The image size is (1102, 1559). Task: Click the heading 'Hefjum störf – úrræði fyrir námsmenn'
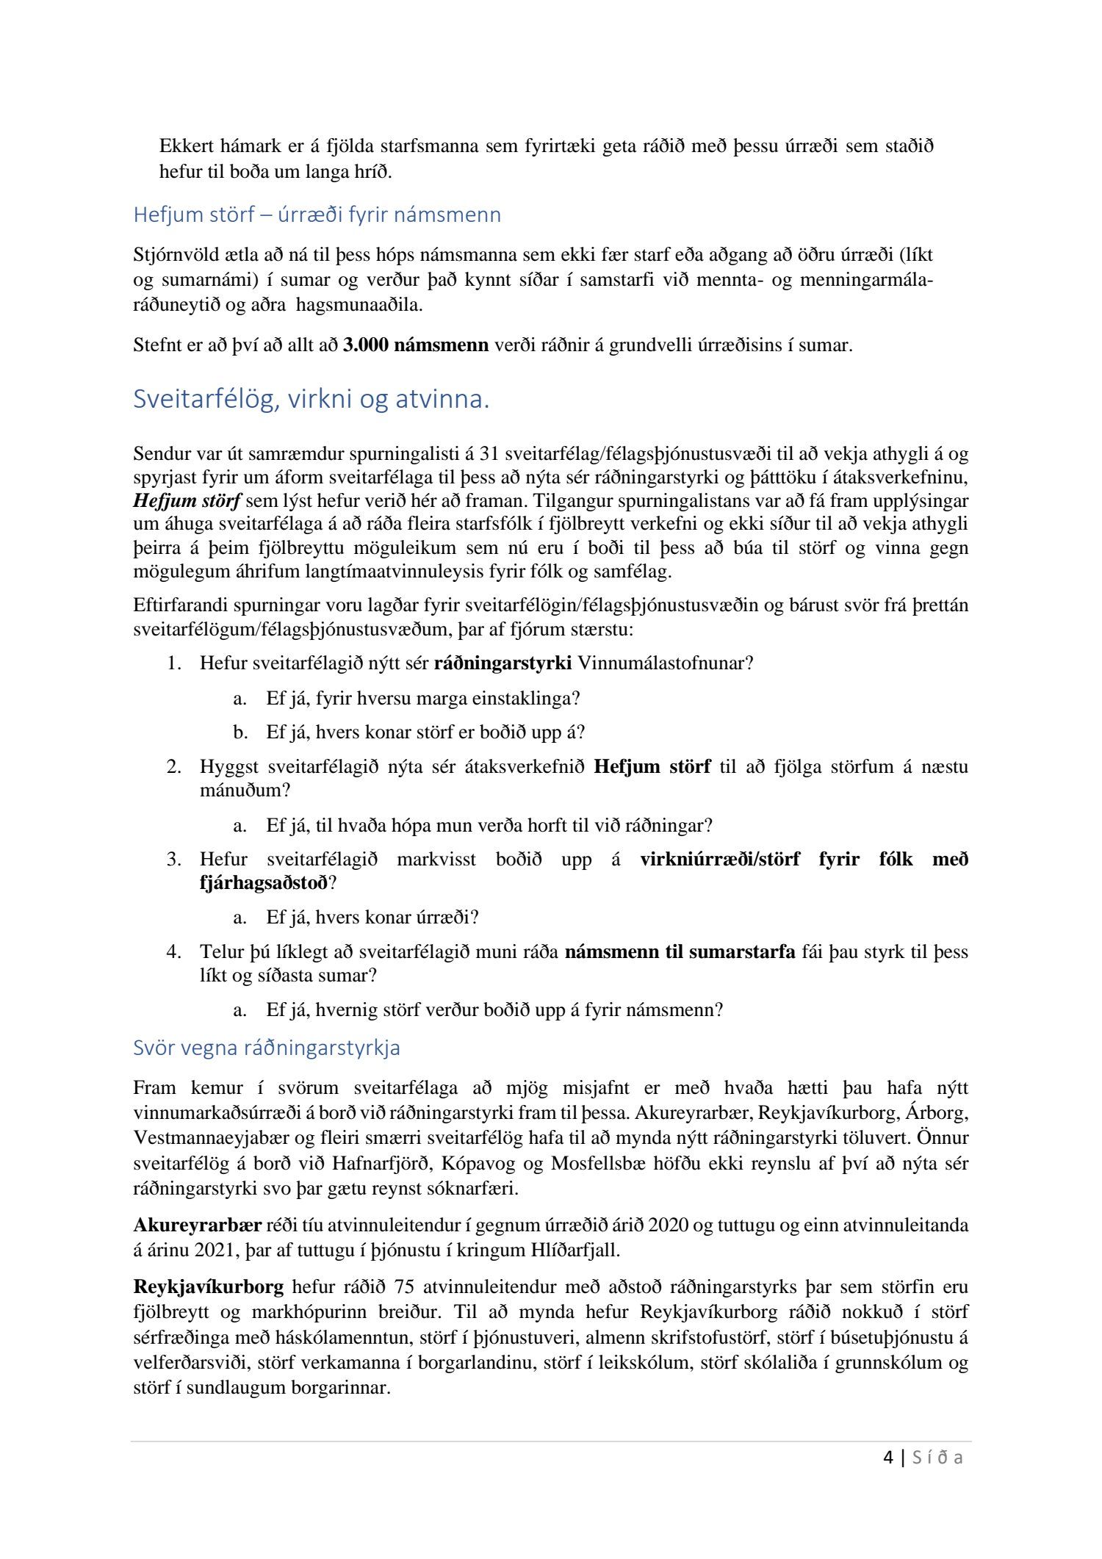(317, 215)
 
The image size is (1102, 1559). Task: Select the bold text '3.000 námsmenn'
(416, 345)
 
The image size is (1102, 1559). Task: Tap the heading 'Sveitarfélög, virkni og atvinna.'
(311, 400)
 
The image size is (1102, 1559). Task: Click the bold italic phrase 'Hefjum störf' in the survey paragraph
(187, 502)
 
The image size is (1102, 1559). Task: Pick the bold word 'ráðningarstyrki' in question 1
(503, 663)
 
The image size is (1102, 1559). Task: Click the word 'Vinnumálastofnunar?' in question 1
(666, 663)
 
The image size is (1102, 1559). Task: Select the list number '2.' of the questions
(173, 767)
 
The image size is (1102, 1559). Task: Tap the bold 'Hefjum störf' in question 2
(652, 767)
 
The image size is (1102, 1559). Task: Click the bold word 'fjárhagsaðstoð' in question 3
(263, 883)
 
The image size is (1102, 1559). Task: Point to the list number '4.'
(173, 952)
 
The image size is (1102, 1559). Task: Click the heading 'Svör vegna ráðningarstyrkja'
(267, 1048)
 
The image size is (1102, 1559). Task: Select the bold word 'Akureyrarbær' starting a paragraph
(198, 1225)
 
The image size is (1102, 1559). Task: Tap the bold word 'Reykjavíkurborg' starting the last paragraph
(209, 1287)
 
